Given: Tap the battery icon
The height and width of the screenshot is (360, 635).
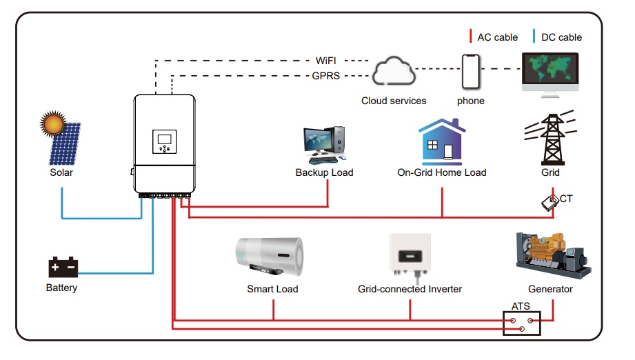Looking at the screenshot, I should (63, 268).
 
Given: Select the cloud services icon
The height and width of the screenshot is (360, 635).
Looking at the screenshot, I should (394, 72).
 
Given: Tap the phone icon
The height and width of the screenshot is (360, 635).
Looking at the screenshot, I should (471, 72).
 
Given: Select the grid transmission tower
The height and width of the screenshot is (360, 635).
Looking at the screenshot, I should (550, 136).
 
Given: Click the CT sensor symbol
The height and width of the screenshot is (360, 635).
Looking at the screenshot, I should (550, 202).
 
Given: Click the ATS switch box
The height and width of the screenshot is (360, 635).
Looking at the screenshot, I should (521, 323).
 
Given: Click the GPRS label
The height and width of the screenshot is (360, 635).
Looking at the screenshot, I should (326, 76).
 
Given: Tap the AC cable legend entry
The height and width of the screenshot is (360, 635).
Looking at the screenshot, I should (494, 37).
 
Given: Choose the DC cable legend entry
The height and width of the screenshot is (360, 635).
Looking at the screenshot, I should (558, 37).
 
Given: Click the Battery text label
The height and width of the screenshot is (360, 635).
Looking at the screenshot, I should (62, 288).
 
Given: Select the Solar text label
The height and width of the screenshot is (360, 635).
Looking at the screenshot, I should (61, 172).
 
